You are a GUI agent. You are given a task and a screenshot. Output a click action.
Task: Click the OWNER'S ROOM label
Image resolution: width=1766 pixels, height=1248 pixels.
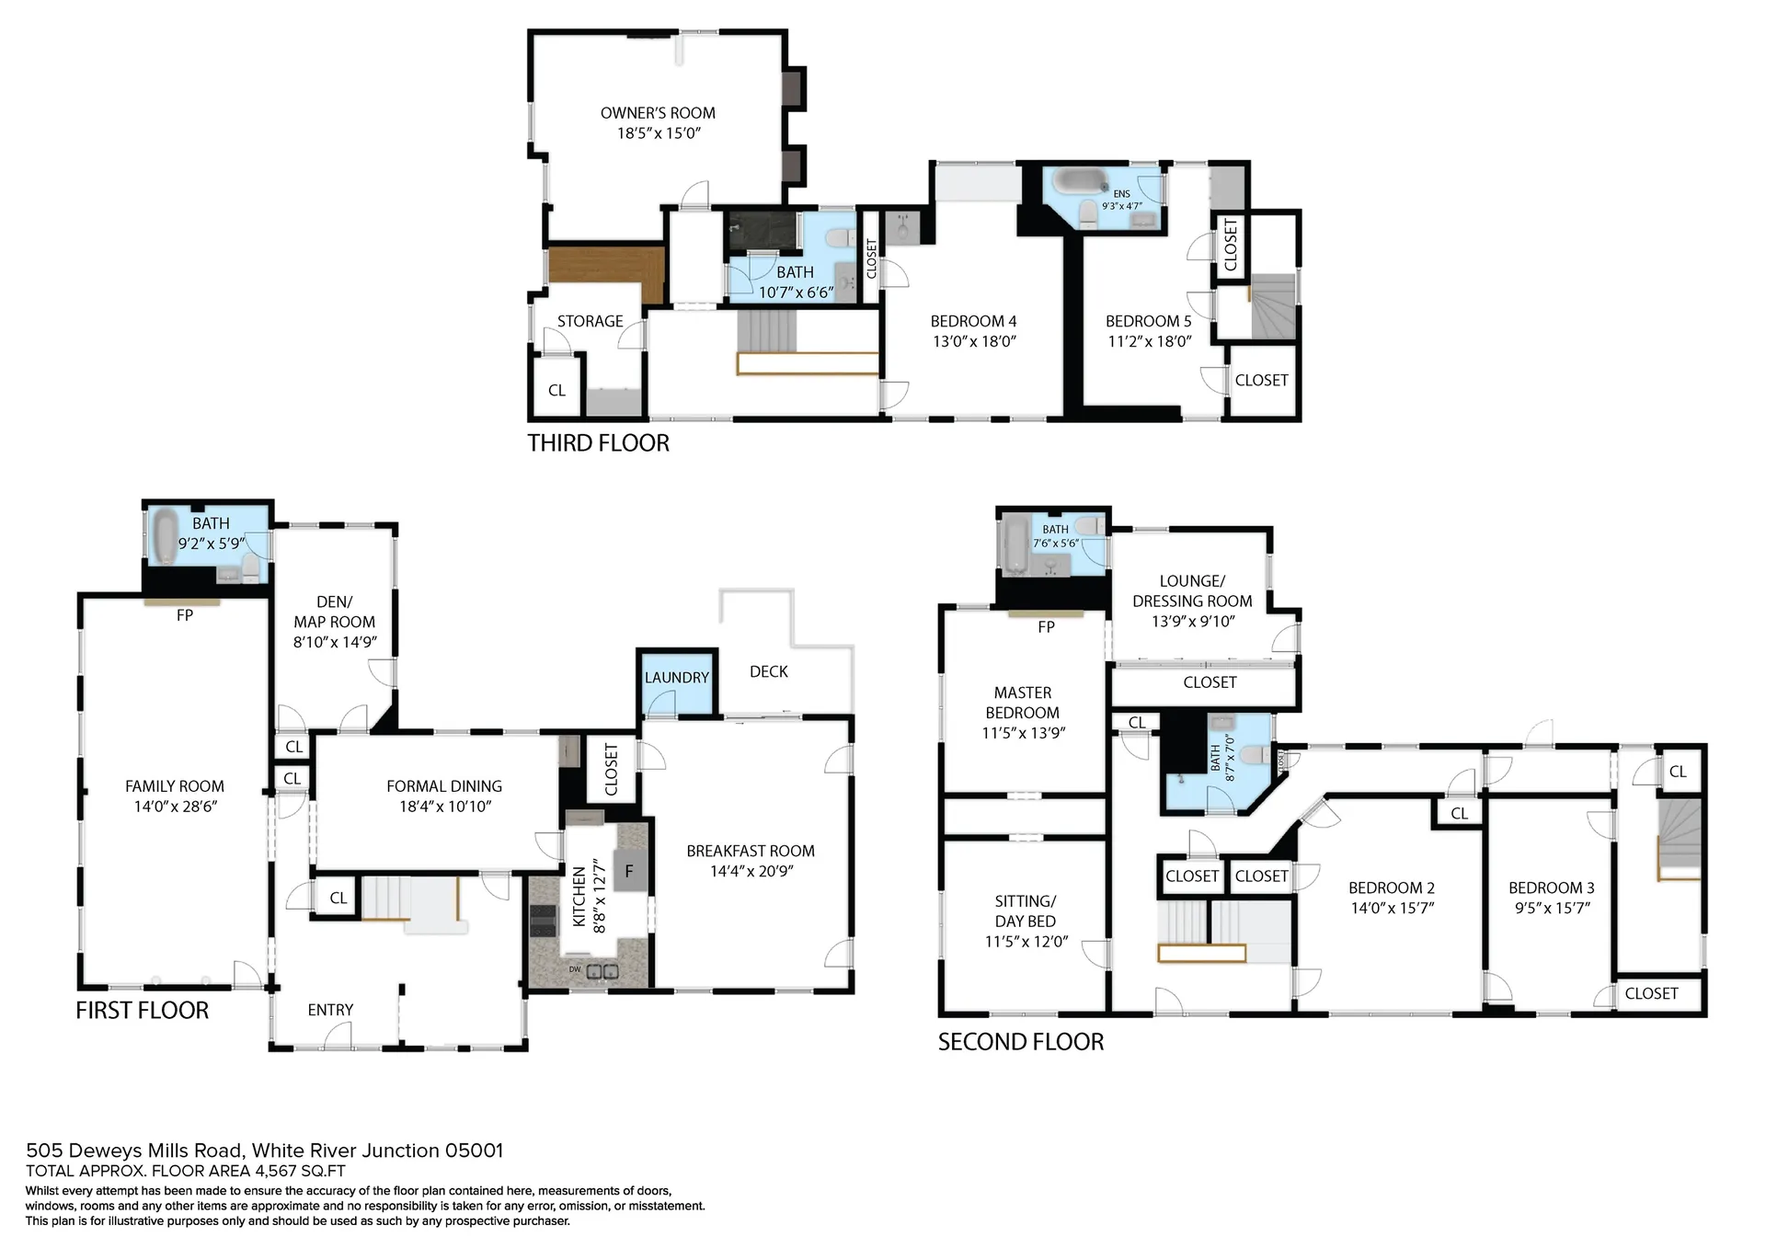click(x=658, y=113)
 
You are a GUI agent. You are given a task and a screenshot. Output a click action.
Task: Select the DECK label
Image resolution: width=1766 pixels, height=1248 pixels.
click(x=769, y=671)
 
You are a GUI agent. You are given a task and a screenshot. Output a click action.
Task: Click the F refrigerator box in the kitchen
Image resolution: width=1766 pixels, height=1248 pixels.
click(x=630, y=871)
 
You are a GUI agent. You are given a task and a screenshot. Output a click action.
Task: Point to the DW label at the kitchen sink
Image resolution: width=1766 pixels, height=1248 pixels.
click(x=575, y=969)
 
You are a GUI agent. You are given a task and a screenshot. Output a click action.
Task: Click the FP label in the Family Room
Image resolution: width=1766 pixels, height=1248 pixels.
click(x=184, y=615)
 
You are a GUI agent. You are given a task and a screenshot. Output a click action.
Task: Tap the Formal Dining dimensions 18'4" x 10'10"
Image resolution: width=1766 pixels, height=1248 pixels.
click(x=445, y=807)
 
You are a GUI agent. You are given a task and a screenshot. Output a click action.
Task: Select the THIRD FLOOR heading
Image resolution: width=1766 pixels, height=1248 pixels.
click(x=598, y=443)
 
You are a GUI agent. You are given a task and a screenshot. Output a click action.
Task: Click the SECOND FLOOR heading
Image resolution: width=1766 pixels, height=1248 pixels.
click(x=1021, y=1042)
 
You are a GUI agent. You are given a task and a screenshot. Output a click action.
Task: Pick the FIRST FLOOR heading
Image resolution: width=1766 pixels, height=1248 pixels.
click(x=143, y=1011)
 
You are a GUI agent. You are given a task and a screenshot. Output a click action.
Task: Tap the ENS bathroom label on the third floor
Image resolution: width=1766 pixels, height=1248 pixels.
click(x=1122, y=194)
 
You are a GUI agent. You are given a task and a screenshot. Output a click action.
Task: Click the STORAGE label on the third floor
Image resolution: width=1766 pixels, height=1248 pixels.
click(x=590, y=321)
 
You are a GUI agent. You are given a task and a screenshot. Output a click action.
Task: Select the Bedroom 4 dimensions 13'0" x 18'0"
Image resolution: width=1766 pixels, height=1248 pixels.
click(x=973, y=341)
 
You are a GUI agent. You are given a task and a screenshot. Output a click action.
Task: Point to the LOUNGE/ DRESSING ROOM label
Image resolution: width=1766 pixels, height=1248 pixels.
click(x=1192, y=591)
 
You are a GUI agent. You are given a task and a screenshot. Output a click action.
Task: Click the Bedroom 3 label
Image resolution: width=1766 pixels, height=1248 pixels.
click(x=1551, y=887)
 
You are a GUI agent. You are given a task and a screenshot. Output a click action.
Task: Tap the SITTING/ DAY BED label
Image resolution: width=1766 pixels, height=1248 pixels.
click(x=1026, y=911)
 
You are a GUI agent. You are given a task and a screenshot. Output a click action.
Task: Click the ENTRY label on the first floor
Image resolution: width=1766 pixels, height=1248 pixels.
click(x=330, y=1010)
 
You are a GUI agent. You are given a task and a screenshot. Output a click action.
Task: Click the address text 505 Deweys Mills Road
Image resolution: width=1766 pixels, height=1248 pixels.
click(x=135, y=1151)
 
